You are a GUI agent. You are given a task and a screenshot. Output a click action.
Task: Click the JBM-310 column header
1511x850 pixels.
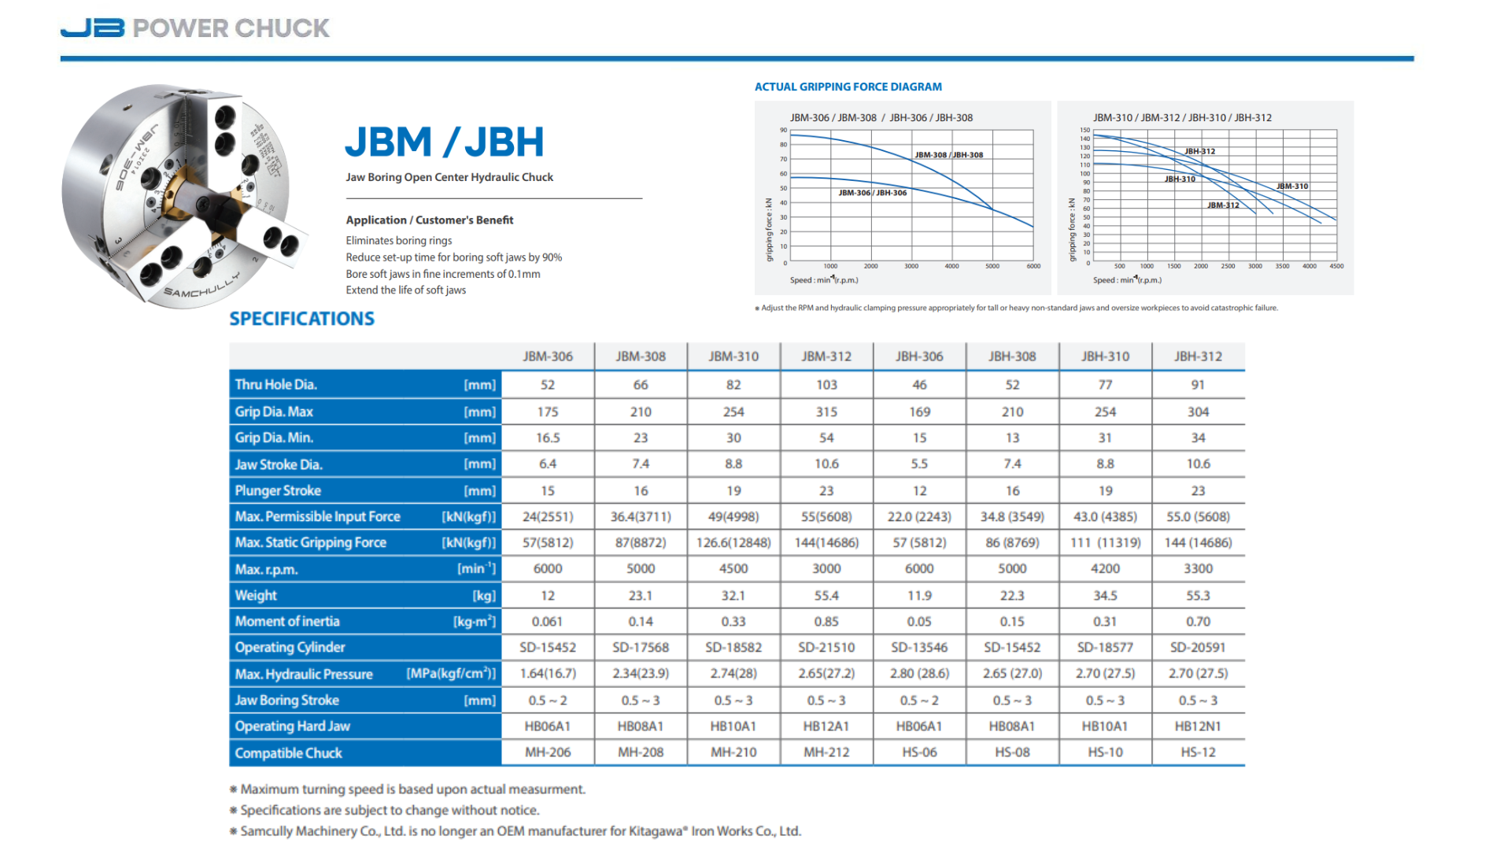[733, 357]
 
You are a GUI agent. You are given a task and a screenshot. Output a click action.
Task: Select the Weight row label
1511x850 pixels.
[256, 596]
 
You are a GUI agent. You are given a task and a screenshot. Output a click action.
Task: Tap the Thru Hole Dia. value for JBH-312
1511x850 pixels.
[1198, 385]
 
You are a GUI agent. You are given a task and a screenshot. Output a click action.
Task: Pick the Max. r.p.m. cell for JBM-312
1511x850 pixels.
[826, 569]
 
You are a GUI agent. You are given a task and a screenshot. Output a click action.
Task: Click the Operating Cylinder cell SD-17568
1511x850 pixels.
[641, 648]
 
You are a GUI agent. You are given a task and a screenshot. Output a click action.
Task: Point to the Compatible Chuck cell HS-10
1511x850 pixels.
[1105, 752]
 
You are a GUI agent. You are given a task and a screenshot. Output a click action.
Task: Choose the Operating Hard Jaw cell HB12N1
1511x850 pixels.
[1198, 726]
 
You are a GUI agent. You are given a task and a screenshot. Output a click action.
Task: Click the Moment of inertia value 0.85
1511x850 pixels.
[826, 622]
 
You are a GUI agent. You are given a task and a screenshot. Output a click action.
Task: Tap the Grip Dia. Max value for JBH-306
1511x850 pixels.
[919, 412]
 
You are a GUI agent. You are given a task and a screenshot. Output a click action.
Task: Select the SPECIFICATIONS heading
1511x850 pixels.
[301, 319]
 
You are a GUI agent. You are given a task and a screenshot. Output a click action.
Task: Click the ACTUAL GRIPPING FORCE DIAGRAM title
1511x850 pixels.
[848, 87]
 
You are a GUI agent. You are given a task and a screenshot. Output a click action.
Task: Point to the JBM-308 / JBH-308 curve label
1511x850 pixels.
[948, 155]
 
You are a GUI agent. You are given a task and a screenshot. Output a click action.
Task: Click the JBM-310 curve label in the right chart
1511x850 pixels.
[1292, 187]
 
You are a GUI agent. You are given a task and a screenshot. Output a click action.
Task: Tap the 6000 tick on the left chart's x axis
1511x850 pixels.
[1033, 267]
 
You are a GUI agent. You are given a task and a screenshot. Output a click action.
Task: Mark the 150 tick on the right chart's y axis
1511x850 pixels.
[1085, 130]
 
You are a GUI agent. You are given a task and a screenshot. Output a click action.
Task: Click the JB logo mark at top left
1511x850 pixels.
[92, 28]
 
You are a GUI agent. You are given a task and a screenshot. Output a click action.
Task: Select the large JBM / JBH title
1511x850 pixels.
[445, 142]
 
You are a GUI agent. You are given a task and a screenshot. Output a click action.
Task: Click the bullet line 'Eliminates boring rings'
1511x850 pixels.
[398, 241]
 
